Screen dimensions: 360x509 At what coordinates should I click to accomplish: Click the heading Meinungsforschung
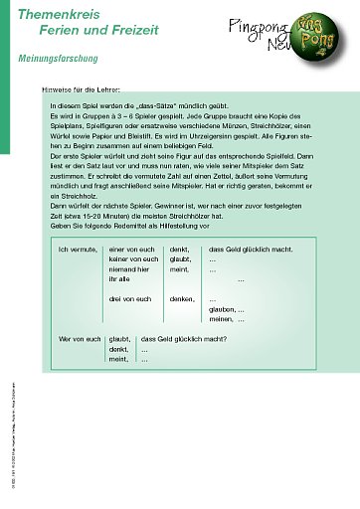click(58, 60)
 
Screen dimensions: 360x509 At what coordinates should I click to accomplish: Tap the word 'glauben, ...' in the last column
click(227, 309)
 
